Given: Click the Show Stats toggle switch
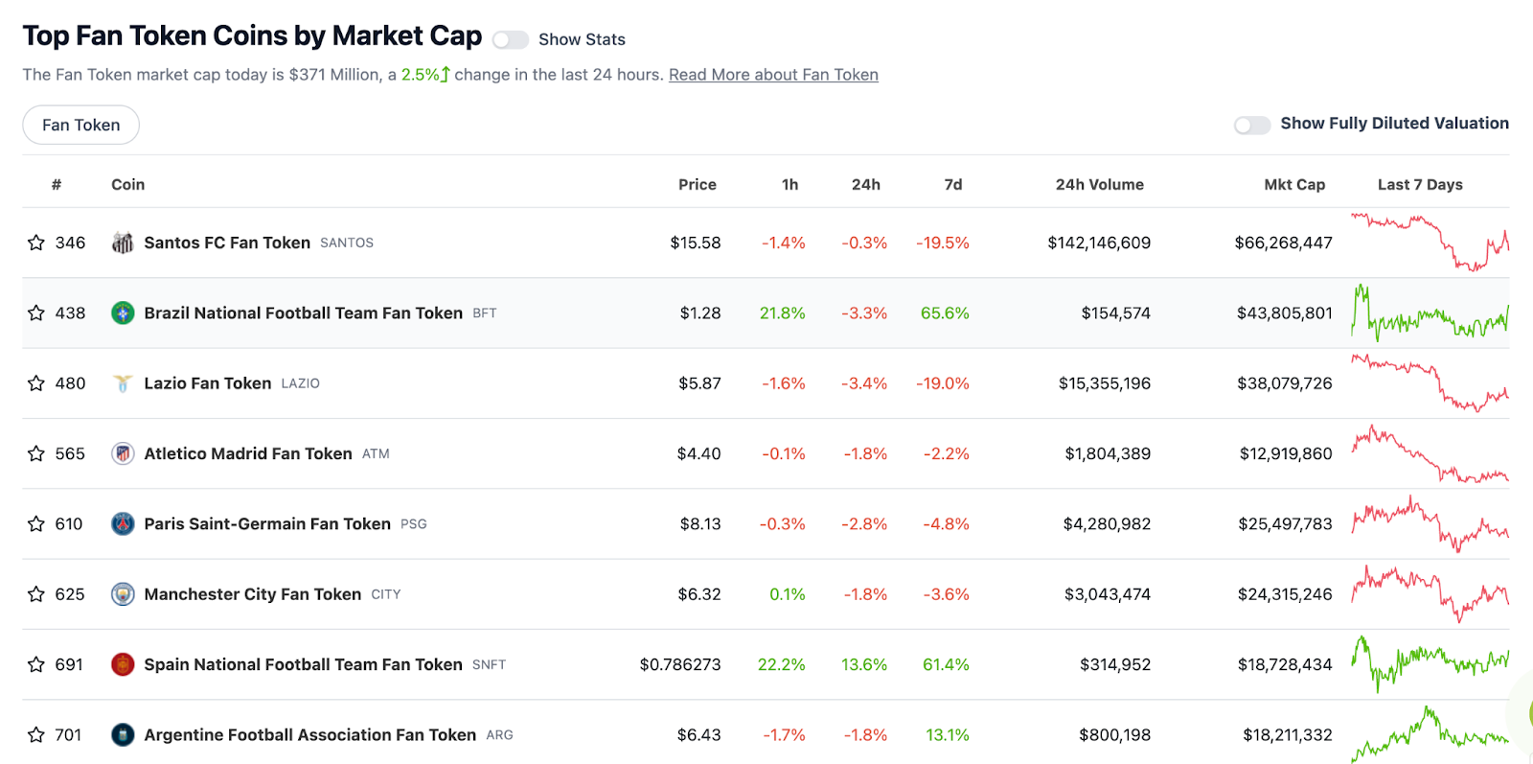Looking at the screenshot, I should [x=510, y=39].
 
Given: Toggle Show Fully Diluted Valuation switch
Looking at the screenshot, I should [x=1251, y=125].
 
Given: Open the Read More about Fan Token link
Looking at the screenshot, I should [x=773, y=75].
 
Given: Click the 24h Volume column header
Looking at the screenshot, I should [x=1099, y=185].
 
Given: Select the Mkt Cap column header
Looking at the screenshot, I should [x=1294, y=185].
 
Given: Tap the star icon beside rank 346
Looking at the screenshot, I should [x=36, y=243].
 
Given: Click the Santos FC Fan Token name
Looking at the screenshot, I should [x=227, y=243].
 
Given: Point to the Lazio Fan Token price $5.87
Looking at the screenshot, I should [x=699, y=383].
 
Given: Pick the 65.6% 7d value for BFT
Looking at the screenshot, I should [x=945, y=313].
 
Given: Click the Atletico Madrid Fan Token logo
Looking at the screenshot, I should [x=123, y=453].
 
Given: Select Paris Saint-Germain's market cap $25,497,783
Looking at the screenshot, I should [x=1285, y=524].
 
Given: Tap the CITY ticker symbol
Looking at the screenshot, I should [x=386, y=594].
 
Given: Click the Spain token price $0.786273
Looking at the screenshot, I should [x=680, y=664].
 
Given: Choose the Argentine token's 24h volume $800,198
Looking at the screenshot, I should [x=1114, y=735].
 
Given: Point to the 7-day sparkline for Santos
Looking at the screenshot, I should [x=1430, y=243].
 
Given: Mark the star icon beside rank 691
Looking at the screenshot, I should [x=36, y=664].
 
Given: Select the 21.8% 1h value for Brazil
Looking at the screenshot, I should [x=782, y=313].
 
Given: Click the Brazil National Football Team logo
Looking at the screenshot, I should [x=123, y=313].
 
